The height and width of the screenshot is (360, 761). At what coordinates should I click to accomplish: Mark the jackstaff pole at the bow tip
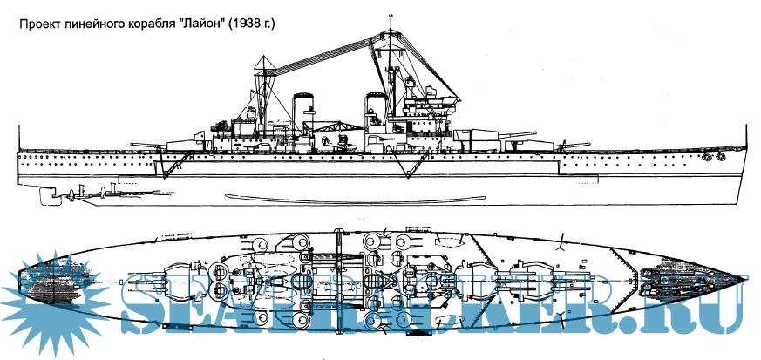[746, 135]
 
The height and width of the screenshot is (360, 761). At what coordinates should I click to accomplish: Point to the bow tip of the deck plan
[748, 277]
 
